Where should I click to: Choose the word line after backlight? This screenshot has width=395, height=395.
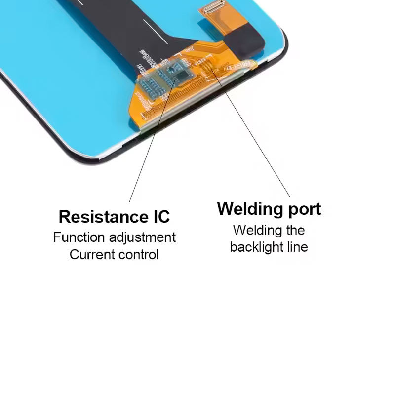[x=297, y=247]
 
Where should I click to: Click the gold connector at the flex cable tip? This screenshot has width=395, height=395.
[x=212, y=7]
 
